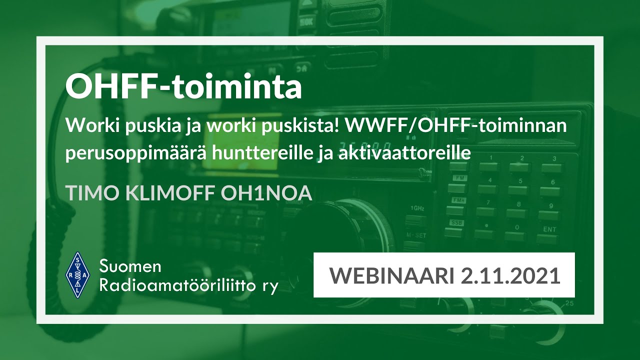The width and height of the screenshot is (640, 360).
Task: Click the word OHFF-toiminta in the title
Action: point(183,87)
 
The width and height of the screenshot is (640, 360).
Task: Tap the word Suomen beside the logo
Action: point(130,266)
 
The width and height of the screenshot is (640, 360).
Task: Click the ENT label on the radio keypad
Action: point(549,229)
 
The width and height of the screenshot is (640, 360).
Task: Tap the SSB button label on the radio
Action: point(456,222)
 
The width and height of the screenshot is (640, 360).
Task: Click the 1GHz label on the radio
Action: point(415,207)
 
